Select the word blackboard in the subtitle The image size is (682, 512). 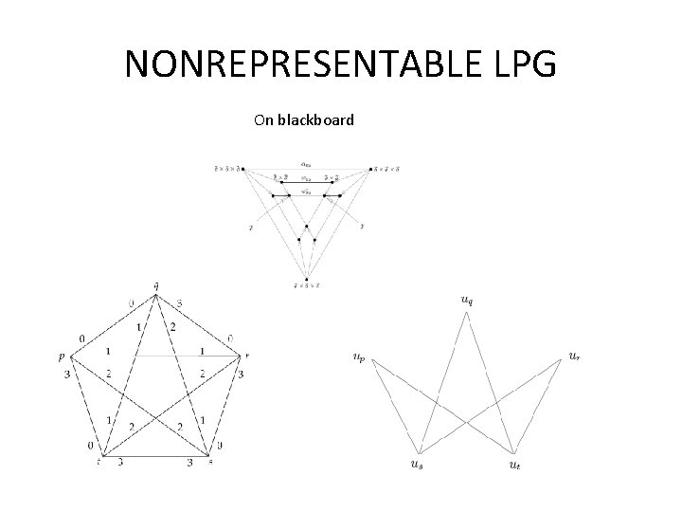point(316,120)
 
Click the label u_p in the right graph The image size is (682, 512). point(357,357)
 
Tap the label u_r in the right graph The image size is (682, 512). point(575,356)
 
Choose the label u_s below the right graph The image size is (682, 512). point(417,464)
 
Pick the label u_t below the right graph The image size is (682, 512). point(514,464)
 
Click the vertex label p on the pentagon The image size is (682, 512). point(61,357)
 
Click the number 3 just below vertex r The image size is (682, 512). point(242,375)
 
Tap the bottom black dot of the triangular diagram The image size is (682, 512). point(306,279)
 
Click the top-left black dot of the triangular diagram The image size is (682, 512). point(243,170)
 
